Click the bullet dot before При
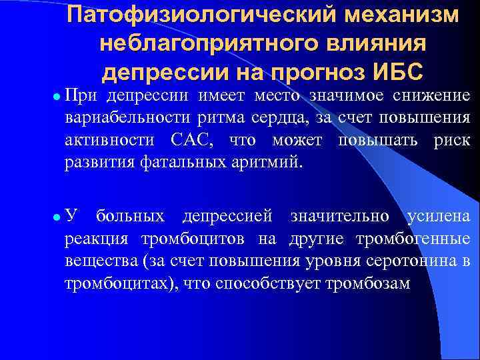click(57, 97)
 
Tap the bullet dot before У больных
click(57, 217)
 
